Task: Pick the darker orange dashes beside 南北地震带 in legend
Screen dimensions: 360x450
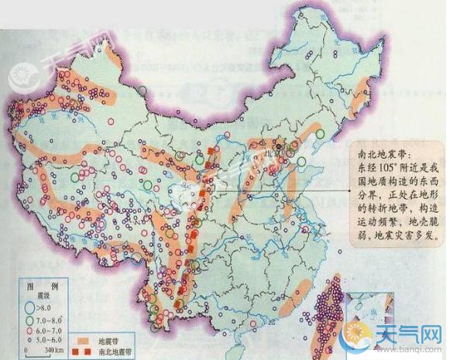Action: [x=84, y=351]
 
